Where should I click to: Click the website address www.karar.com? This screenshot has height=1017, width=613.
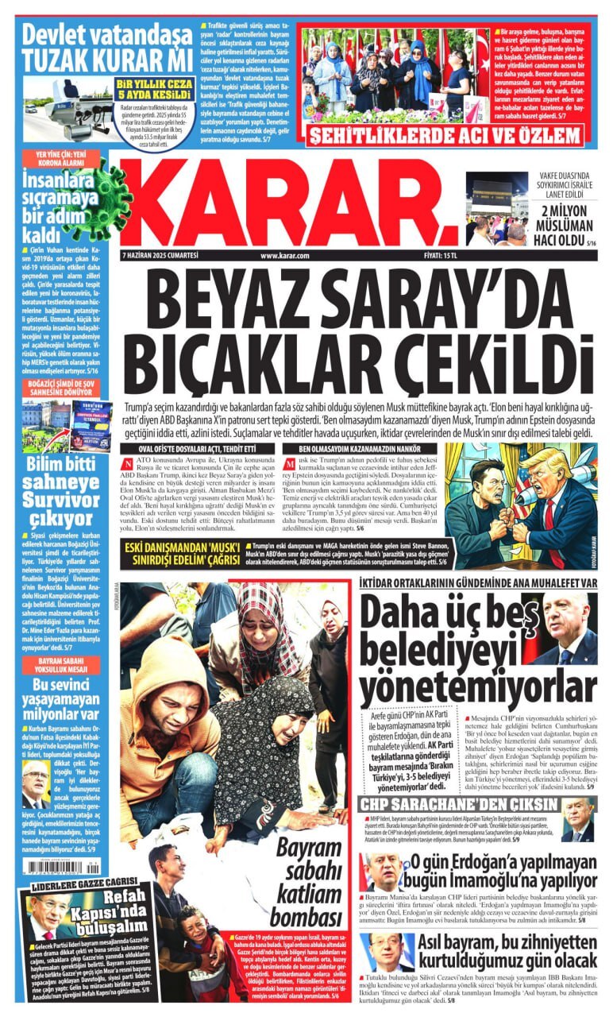click(283, 255)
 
